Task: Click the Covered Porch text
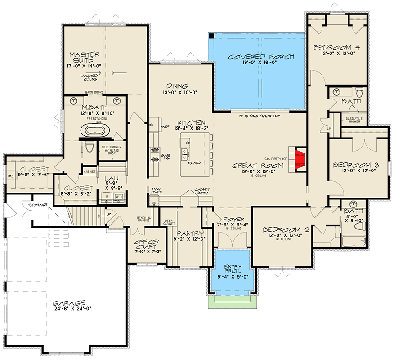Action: (x=261, y=57)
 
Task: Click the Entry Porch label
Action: (x=233, y=269)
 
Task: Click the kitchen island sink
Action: (x=184, y=155)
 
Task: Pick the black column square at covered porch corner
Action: (x=211, y=36)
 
